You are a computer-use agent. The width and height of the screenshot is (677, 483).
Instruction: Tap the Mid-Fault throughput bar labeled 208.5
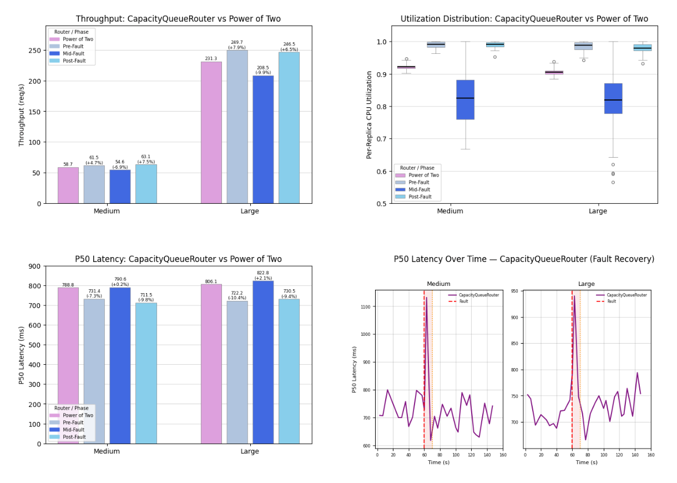tap(263, 139)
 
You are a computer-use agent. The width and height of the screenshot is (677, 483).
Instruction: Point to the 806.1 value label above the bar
tap(211, 281)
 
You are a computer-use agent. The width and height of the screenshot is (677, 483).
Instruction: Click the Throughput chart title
tap(178, 19)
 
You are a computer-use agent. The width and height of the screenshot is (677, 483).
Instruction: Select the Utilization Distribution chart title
tap(524, 19)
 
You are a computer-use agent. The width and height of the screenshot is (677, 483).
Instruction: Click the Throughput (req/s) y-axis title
tap(22, 114)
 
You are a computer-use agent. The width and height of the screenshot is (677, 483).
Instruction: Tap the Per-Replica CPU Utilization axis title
tap(369, 114)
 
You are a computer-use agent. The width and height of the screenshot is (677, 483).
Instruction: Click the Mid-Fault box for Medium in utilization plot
tap(465, 100)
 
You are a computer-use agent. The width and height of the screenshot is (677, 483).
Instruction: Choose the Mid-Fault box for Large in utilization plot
tap(613, 99)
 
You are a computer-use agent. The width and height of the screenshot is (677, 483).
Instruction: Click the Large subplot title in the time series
tap(587, 284)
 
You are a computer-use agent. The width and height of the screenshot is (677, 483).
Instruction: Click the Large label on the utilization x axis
tap(598, 211)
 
